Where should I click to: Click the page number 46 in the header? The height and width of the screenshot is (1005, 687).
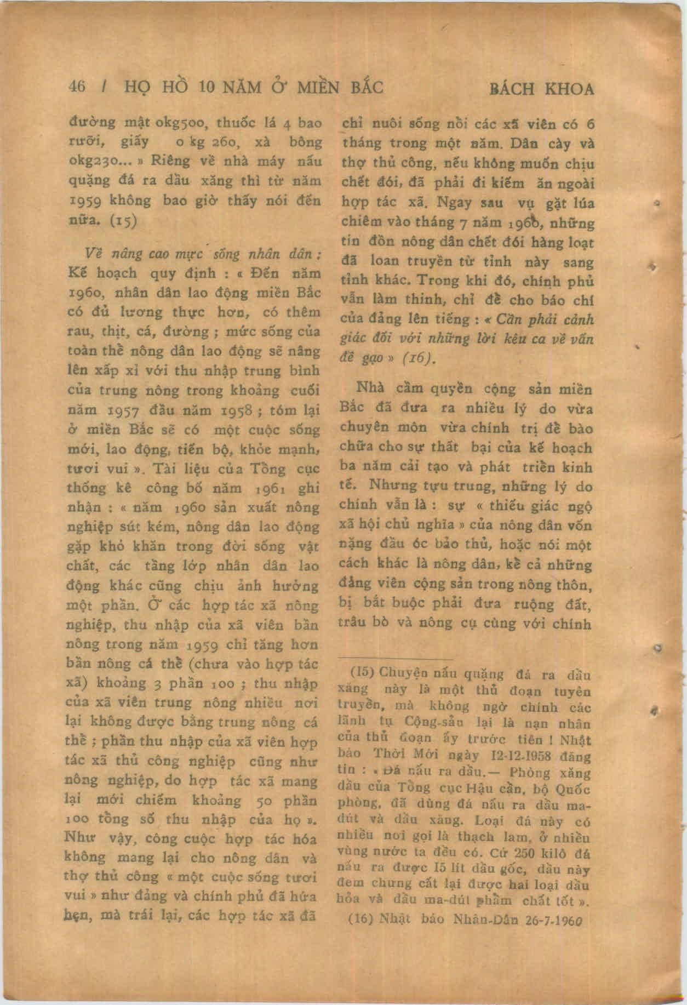point(76,87)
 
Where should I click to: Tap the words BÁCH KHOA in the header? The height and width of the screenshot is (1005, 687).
point(541,89)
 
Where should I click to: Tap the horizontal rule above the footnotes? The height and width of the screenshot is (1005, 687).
point(395,660)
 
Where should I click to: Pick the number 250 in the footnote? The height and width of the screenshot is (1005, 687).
point(506,853)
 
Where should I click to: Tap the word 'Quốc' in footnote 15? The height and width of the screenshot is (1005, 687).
point(577,790)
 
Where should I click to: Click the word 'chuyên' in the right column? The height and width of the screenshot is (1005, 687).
point(362,428)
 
